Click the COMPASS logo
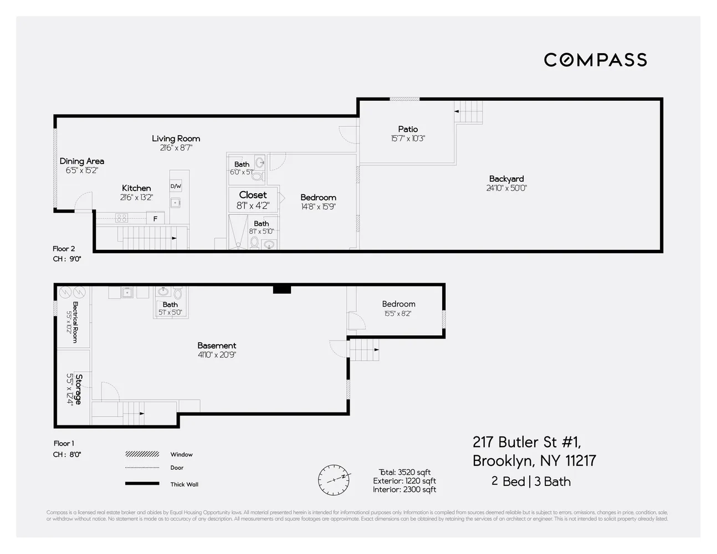[595, 60]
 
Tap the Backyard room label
[506, 179]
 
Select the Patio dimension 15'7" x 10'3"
[407, 138]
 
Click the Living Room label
[176, 138]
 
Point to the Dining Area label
[81, 161]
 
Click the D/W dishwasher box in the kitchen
[176, 186]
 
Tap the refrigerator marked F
[155, 219]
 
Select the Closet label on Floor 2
[253, 195]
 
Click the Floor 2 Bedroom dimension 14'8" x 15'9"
[318, 207]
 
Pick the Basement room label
[217, 346]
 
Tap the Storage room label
[78, 389]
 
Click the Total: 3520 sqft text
[404, 473]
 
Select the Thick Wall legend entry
[184, 484]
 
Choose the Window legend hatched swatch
[142, 454]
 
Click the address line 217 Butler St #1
[526, 442]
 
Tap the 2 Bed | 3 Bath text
[531, 481]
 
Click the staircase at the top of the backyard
[469, 112]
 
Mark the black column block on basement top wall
[281, 289]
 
